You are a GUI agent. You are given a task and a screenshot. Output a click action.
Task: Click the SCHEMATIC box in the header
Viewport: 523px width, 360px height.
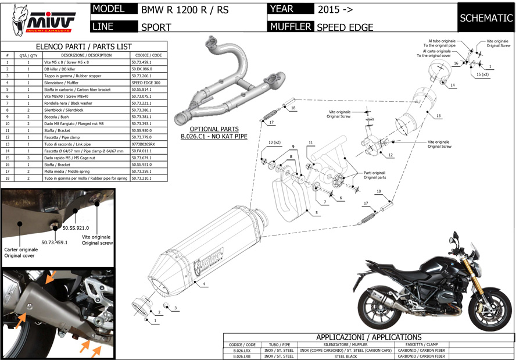(486, 18)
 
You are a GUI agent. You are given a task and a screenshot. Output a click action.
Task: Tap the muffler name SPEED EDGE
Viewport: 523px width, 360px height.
(345, 27)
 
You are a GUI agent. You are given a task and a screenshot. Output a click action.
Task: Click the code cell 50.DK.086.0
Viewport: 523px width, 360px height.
(142, 69)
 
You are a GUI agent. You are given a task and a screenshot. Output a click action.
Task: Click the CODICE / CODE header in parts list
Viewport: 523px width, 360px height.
(149, 55)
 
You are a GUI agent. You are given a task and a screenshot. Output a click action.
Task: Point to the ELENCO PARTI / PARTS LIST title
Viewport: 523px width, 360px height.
(84, 46)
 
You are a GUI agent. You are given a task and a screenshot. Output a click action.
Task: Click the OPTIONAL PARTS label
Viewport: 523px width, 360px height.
(213, 129)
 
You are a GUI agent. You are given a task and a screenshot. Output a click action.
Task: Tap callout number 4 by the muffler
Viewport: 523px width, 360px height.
(205, 284)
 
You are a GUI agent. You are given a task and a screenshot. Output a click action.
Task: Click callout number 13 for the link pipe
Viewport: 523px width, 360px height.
(438, 116)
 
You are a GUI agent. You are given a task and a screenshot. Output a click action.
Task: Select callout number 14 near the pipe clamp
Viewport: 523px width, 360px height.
(452, 85)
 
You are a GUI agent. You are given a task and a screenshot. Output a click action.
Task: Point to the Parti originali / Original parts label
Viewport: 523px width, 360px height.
(375, 174)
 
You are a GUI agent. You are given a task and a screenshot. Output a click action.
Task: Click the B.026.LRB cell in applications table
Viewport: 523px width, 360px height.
(242, 356)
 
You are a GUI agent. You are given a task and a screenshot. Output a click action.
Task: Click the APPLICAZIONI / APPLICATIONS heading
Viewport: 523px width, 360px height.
(368, 337)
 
